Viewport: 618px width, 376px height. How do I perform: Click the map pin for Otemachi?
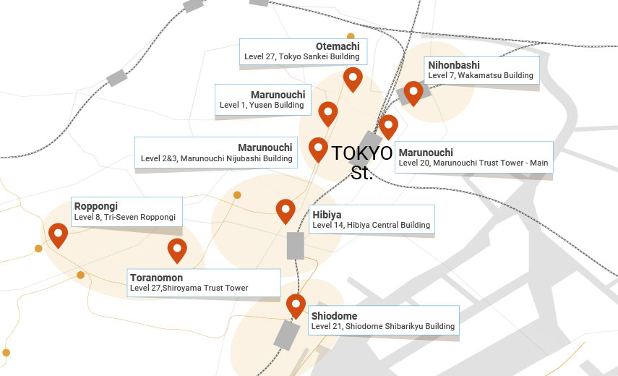pyautogui.click(x=353, y=77)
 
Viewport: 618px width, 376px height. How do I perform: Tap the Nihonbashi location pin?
pyautogui.click(x=413, y=91)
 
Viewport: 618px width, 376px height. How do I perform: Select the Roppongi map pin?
pyautogui.click(x=58, y=234)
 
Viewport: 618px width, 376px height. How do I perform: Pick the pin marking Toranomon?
pyautogui.click(x=177, y=249)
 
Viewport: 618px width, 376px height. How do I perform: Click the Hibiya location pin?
pyautogui.click(x=286, y=210)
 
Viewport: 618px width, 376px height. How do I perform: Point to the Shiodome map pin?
pyautogui.click(x=295, y=304)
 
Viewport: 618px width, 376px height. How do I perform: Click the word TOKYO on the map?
pyautogui.click(x=362, y=153)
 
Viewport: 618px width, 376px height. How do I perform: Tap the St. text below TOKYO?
pyautogui.click(x=361, y=174)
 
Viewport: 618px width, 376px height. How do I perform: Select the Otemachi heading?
pyautogui.click(x=338, y=46)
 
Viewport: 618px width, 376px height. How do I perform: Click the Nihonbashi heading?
pyautogui.click(x=454, y=64)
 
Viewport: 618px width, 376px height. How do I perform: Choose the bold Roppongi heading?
pyautogui.click(x=96, y=206)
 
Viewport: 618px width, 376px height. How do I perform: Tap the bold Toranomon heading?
pyautogui.click(x=156, y=278)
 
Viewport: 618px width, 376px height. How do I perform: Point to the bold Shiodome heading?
pyautogui.click(x=334, y=316)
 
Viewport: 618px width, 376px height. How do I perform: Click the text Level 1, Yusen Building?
pyautogui.click(x=262, y=106)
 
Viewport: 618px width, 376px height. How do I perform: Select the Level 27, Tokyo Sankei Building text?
pyautogui.click(x=301, y=56)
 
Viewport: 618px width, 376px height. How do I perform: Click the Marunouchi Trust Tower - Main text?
pyautogui.click(x=473, y=163)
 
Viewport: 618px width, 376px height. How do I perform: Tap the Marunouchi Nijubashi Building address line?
pyautogui.click(x=217, y=158)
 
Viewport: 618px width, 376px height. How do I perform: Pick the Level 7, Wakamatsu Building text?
pyautogui.click(x=481, y=75)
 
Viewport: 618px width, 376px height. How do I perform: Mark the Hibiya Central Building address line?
pyautogui.click(x=372, y=225)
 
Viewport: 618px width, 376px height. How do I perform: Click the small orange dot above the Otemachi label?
pyautogui.click(x=351, y=35)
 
